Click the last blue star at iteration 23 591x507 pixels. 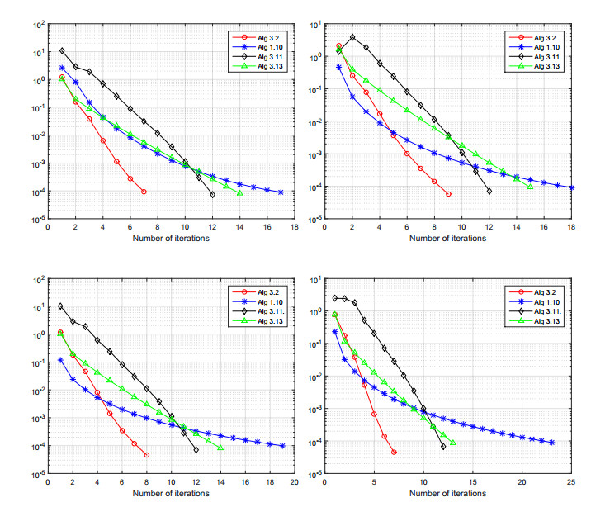551,443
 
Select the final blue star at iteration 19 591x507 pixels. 282,446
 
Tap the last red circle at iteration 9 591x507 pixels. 448,194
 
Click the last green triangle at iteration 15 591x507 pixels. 531,187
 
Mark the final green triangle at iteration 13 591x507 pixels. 453,443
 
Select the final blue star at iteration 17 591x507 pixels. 281,192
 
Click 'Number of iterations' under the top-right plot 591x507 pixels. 442,239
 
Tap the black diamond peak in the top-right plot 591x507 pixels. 352,37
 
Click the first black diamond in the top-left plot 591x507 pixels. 62,51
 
